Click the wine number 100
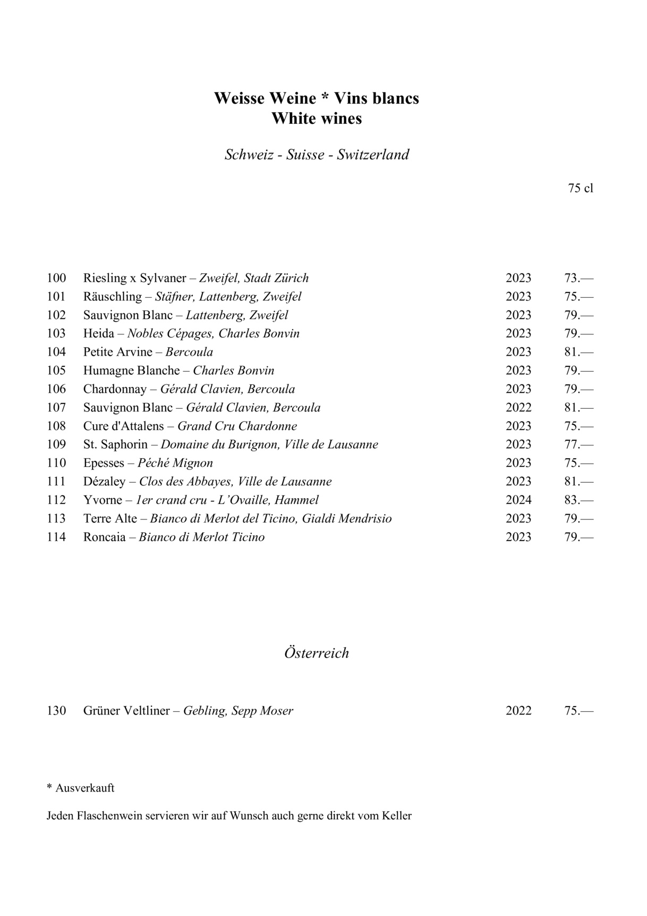(56, 278)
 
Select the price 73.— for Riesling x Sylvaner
(578, 278)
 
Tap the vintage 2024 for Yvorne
(518, 500)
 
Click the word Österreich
(317, 653)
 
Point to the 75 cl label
(580, 188)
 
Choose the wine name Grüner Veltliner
(126, 711)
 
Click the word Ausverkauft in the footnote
(85, 788)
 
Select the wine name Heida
(99, 333)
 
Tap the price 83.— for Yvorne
(578, 500)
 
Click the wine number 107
(56, 408)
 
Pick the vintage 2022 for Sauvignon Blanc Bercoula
(518, 408)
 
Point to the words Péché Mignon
(175, 463)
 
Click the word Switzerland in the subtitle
(373, 155)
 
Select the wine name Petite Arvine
(118, 352)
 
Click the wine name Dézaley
(105, 482)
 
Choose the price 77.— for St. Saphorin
(578, 444)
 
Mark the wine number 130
(56, 711)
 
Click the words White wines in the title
(317, 119)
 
